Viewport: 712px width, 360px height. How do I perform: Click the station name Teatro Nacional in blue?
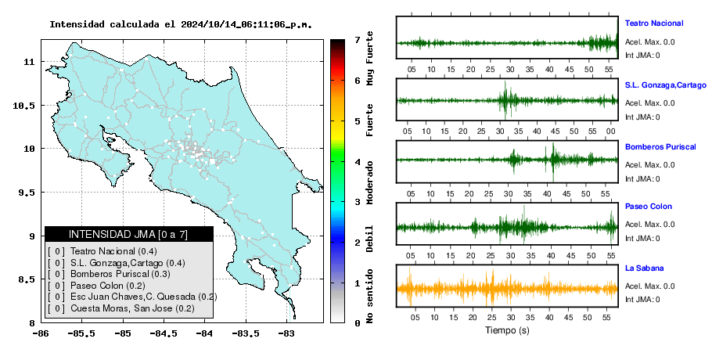(x=654, y=23)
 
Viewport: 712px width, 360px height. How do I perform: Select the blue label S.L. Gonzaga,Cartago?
(x=666, y=85)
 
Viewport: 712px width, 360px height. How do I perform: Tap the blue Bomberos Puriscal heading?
(x=660, y=147)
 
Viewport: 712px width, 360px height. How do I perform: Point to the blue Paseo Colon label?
(x=649, y=207)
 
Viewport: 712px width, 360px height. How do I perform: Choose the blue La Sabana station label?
(x=645, y=268)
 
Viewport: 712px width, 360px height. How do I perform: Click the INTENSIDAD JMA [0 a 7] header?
(x=128, y=234)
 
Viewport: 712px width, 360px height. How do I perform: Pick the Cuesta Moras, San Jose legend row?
(x=121, y=308)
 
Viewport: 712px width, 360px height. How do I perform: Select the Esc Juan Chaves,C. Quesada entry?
(x=132, y=297)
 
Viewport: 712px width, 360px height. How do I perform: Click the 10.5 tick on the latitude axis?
(x=24, y=106)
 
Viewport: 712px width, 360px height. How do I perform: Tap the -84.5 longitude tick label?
(x=162, y=333)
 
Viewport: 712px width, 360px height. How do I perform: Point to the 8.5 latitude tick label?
(x=27, y=279)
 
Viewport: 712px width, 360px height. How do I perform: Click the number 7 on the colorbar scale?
(x=358, y=40)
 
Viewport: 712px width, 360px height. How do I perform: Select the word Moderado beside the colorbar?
(x=369, y=182)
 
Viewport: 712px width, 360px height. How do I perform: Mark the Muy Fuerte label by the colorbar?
(x=369, y=58)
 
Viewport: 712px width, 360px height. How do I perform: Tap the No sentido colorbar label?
(x=369, y=296)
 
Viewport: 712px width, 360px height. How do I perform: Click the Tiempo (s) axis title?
(x=507, y=330)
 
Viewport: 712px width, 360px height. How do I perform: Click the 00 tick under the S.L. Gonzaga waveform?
(x=611, y=131)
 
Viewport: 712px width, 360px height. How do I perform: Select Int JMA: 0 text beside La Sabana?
(x=642, y=300)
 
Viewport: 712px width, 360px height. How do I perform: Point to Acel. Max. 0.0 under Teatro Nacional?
(x=649, y=42)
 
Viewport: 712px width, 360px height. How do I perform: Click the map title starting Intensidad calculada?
(x=181, y=24)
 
